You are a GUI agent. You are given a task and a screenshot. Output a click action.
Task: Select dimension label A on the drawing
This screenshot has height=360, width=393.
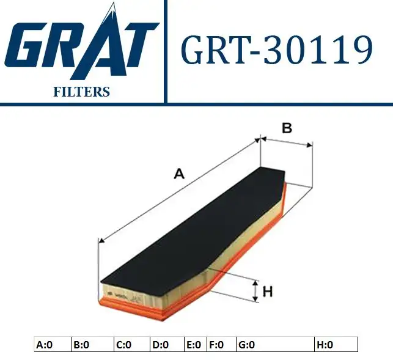[x=178, y=174]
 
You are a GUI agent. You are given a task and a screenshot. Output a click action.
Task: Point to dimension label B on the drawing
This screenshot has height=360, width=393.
[x=286, y=128]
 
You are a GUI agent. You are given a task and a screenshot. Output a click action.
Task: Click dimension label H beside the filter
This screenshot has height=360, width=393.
[x=267, y=292]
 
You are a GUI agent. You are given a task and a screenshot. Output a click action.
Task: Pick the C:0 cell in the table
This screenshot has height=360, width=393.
[x=123, y=345]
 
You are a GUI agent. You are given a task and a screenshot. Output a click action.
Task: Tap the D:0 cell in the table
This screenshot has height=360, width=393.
[x=160, y=345]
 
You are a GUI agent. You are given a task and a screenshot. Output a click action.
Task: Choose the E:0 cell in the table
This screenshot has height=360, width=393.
[x=193, y=345]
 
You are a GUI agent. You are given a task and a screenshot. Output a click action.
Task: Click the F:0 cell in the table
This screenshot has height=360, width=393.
[x=216, y=345]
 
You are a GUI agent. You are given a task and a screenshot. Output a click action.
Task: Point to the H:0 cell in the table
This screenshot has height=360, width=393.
[x=325, y=345]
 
